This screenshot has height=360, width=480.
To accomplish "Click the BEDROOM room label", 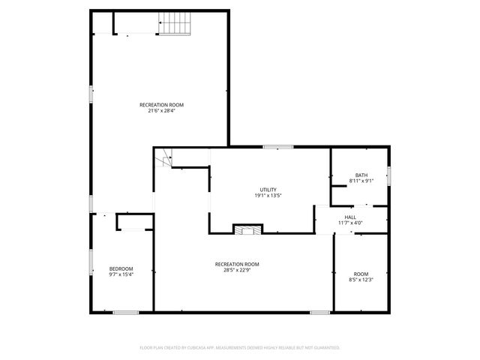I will (121, 269).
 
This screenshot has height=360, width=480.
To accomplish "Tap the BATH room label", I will (361, 175).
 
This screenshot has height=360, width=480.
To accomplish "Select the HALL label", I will (350, 217).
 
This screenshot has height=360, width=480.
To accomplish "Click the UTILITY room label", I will (268, 189).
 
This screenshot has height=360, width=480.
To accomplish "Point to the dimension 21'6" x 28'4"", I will (161, 111).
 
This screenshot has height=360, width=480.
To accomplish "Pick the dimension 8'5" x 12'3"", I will (361, 280).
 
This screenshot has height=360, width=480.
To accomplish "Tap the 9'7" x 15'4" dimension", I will (121, 275).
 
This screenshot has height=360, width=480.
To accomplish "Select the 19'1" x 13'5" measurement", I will (268, 195).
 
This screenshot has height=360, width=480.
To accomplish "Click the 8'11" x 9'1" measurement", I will (361, 181).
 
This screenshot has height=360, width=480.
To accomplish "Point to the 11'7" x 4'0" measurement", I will (350, 223).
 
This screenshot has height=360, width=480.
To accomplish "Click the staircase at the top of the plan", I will (175, 23).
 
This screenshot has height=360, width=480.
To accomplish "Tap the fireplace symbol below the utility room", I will (247, 229).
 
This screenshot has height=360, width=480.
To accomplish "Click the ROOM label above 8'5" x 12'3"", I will (361, 274).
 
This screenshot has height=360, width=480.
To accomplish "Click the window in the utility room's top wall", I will (277, 147).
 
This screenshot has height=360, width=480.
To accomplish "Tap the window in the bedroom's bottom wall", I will (126, 312).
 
